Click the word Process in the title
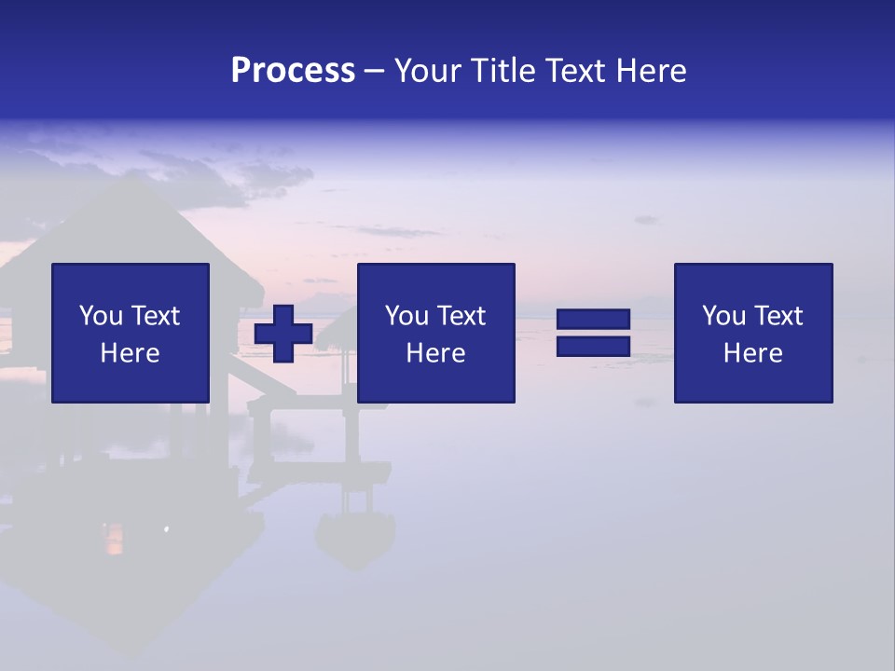coord(293,71)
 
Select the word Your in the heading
coord(426,71)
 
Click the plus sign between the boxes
coord(283,334)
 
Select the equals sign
coord(593,334)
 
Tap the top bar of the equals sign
coord(593,321)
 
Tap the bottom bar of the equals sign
coord(593,347)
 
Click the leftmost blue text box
coord(131,333)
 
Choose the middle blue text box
coord(436,333)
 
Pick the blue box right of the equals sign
coord(753,333)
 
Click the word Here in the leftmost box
coord(130,353)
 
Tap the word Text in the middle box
coord(462,316)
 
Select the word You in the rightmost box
coord(723,316)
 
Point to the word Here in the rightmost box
coord(752,353)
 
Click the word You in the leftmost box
coord(101,316)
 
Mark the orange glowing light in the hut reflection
coord(113,538)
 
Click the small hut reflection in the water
coord(354,536)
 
